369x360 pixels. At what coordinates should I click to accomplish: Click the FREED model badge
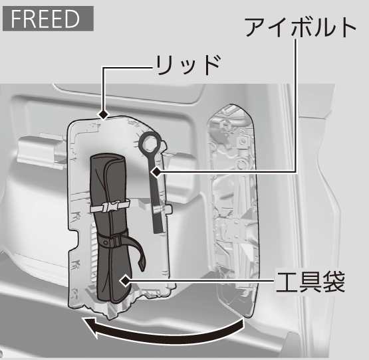pyautogui.click(x=48, y=19)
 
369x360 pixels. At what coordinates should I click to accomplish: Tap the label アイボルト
pyautogui.click(x=301, y=27)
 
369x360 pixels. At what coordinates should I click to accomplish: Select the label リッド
pyautogui.click(x=187, y=65)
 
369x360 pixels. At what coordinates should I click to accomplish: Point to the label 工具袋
pyautogui.click(x=310, y=282)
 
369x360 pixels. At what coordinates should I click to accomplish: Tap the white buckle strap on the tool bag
pyautogui.click(x=110, y=205)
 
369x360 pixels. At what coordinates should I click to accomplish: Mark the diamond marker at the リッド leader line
pyautogui.click(x=104, y=115)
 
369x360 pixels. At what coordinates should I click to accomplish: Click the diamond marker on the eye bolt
pyautogui.click(x=156, y=172)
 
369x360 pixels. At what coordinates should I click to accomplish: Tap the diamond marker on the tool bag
pyautogui.click(x=125, y=280)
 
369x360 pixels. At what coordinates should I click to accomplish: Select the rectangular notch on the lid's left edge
pyautogui.click(x=75, y=241)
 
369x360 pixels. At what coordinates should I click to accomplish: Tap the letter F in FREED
pyautogui.click(x=17, y=19)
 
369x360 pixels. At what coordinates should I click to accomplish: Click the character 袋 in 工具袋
pyautogui.click(x=334, y=282)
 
